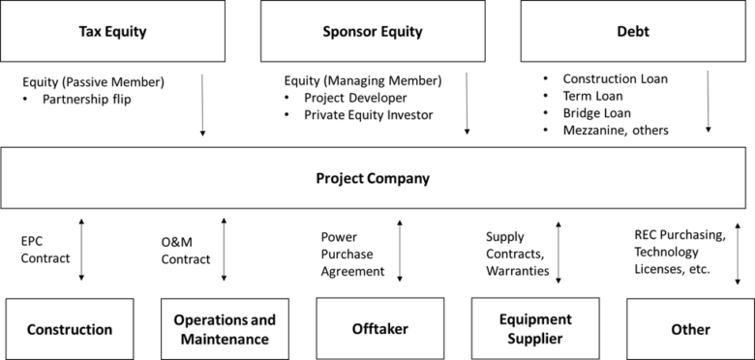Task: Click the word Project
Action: coord(340,179)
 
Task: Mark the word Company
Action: coord(398,179)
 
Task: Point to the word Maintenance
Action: coord(225,340)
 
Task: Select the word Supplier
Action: coord(535,340)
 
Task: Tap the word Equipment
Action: coord(535,320)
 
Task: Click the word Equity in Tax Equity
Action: coord(127,31)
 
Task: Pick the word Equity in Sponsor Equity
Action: coord(401,31)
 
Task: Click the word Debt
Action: coord(633,31)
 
